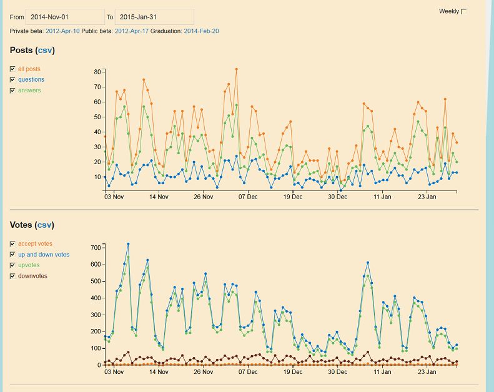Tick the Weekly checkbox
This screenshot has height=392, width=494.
tap(463, 11)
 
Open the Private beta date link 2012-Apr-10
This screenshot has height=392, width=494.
tap(62, 31)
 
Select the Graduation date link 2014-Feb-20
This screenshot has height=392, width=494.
tap(201, 31)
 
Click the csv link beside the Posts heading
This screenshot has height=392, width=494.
tap(45, 50)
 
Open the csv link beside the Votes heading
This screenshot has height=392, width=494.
tap(45, 225)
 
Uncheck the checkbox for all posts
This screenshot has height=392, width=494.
tap(12, 69)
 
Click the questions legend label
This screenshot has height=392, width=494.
tap(31, 80)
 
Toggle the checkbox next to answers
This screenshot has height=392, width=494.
tap(12, 91)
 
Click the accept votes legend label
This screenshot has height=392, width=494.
tap(35, 244)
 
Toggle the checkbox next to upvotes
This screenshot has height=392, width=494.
tap(12, 265)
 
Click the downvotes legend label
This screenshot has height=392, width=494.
tap(32, 276)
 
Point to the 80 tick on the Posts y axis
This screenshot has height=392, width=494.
tap(97, 72)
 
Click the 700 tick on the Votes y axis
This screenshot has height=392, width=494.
tap(96, 248)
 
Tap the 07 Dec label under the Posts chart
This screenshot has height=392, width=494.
tap(248, 197)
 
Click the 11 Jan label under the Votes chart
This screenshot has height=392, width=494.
tap(382, 371)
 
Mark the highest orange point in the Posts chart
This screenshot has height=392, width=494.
tap(236, 69)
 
